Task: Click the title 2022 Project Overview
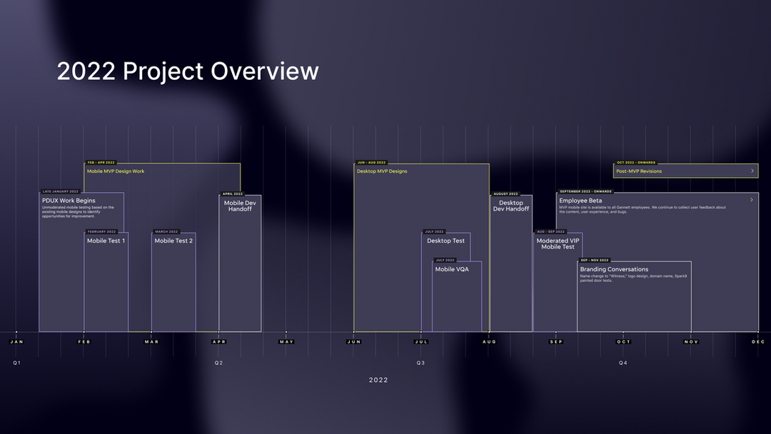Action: pos(188,71)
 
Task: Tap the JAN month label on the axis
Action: pos(16,342)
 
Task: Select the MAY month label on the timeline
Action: pos(286,342)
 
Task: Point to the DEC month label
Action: pos(758,342)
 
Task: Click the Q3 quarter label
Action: pos(420,363)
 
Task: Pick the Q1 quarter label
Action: pos(16,363)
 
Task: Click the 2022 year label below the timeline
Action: pos(378,380)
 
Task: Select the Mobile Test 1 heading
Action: pos(106,241)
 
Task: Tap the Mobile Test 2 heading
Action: pos(173,241)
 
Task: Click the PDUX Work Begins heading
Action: pos(69,201)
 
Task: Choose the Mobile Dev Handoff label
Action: pos(240,206)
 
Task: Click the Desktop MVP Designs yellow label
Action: pos(382,171)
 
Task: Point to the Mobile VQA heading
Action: pos(452,269)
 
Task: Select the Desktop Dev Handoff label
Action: pos(511,206)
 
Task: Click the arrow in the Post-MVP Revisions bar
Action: pos(752,171)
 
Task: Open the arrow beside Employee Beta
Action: pos(752,201)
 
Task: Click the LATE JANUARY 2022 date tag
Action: pos(61,191)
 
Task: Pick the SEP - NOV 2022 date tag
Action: pos(594,261)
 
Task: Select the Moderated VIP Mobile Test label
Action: pos(558,244)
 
